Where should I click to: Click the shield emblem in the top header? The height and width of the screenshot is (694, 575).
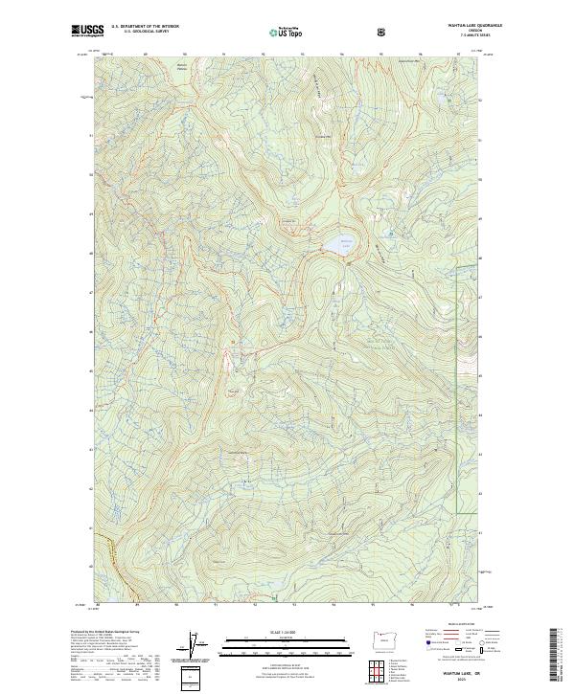[381, 32]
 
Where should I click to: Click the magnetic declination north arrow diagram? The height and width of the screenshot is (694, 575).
[191, 646]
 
